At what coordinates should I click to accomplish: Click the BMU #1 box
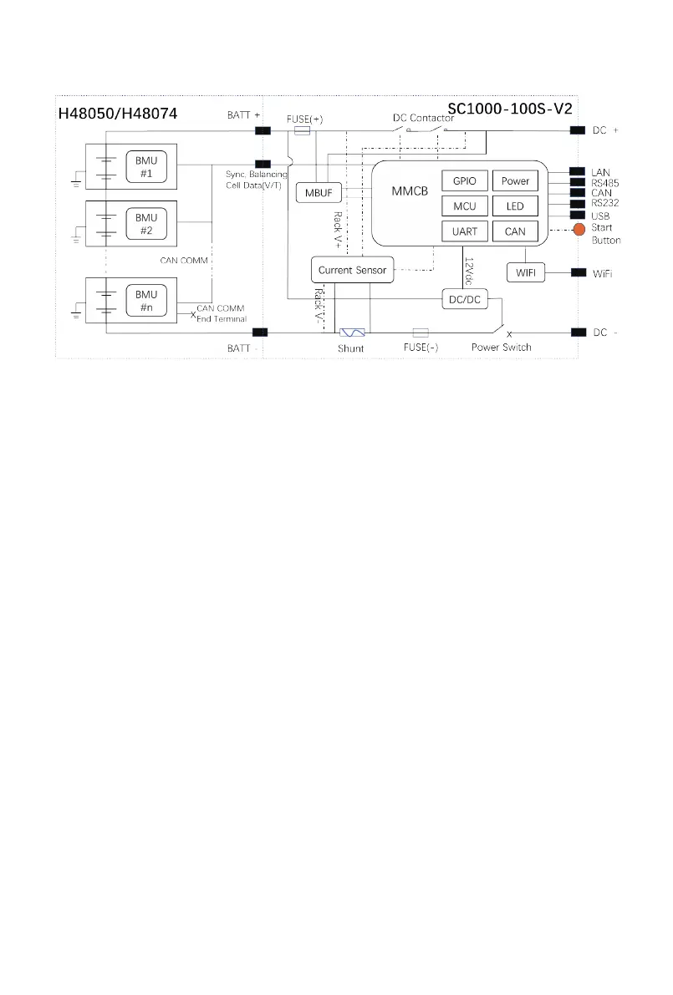click(x=145, y=167)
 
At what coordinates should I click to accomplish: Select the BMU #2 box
click(x=145, y=224)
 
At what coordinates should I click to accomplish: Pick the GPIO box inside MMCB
click(x=464, y=181)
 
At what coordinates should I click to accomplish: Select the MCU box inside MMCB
click(x=464, y=206)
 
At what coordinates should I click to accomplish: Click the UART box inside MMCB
click(x=464, y=231)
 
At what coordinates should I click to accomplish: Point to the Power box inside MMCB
click(x=515, y=181)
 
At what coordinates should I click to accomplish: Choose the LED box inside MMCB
click(x=515, y=206)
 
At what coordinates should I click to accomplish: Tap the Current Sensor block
click(x=352, y=270)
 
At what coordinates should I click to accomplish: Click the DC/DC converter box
click(x=464, y=299)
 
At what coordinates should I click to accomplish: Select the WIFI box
click(x=526, y=272)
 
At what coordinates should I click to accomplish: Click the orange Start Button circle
click(x=578, y=229)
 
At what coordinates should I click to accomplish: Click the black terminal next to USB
click(x=578, y=215)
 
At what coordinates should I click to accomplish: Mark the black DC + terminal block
click(x=578, y=130)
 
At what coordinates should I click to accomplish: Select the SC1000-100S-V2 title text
click(x=509, y=109)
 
